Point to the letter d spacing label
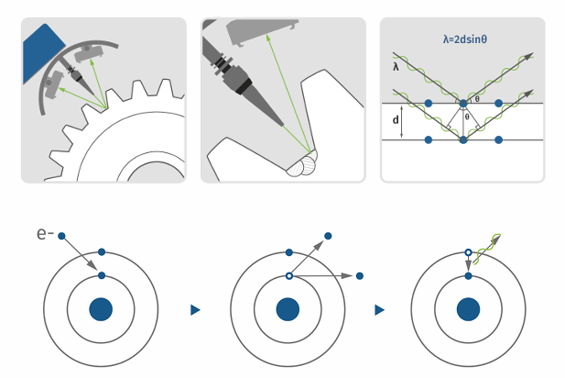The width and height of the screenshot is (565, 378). point(396,121)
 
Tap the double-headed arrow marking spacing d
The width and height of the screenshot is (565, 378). point(408,121)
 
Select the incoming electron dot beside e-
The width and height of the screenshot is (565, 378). point(61,237)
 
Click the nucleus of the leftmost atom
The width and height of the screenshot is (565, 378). point(101,309)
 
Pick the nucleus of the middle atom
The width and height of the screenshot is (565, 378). point(288,309)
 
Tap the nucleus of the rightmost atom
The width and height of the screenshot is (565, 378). point(468,309)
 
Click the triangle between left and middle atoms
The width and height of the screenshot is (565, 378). point(195,310)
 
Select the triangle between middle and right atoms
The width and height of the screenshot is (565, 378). point(378,310)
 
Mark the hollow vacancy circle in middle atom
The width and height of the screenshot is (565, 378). point(288,275)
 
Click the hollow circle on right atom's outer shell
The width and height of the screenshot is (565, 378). point(468,251)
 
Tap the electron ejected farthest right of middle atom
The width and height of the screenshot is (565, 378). point(359,275)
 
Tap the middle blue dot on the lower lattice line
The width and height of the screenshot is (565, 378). point(462,139)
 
